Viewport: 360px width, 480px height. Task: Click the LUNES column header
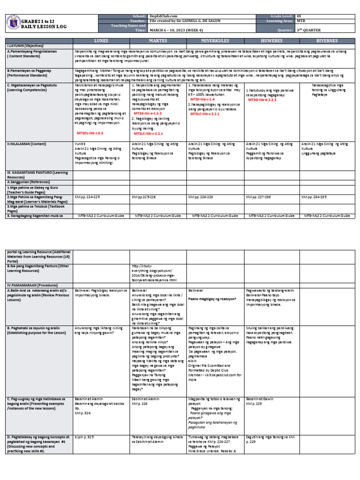tap(102, 41)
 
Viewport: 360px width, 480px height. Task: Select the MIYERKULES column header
tap(216, 41)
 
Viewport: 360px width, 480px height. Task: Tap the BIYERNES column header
tap(328, 41)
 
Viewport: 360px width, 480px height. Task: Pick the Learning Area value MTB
tap(300, 21)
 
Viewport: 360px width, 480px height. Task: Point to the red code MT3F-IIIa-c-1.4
tap(202, 100)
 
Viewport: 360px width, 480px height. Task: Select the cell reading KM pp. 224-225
tap(88, 197)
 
